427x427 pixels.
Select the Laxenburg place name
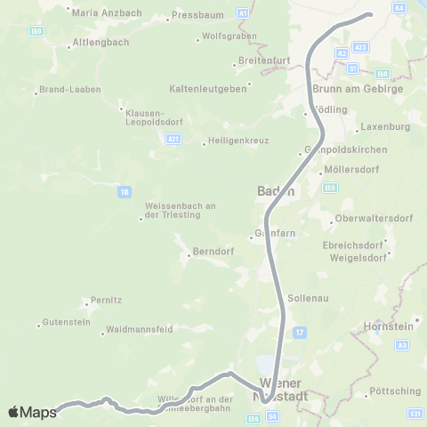coord(385,127)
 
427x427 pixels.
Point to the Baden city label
coord(270,191)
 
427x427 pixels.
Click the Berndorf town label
coord(211,252)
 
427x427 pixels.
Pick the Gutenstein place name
coord(67,322)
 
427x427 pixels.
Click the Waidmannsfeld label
coord(139,329)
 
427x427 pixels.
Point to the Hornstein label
coord(393,326)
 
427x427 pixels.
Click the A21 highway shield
coord(173,139)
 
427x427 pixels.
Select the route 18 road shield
coord(123,190)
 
